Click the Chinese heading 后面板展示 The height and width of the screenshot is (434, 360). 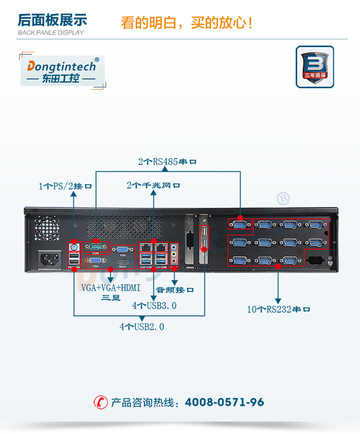tap(52, 20)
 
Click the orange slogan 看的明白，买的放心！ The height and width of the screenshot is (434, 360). tap(187, 22)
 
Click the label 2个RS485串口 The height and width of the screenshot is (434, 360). tap(168, 162)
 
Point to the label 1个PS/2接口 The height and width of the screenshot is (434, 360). tap(65, 186)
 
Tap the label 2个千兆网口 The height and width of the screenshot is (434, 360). tap(154, 185)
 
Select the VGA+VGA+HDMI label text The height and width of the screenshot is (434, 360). tap(110, 288)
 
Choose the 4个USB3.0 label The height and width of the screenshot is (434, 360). tap(155, 305)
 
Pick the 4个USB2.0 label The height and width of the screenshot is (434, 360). tap(142, 327)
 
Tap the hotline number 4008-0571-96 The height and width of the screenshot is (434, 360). tap(224, 402)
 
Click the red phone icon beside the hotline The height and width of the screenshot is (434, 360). tap(100, 402)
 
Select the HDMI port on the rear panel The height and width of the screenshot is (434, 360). tap(122, 262)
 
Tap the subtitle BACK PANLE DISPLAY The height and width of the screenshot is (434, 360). tap(50, 33)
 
